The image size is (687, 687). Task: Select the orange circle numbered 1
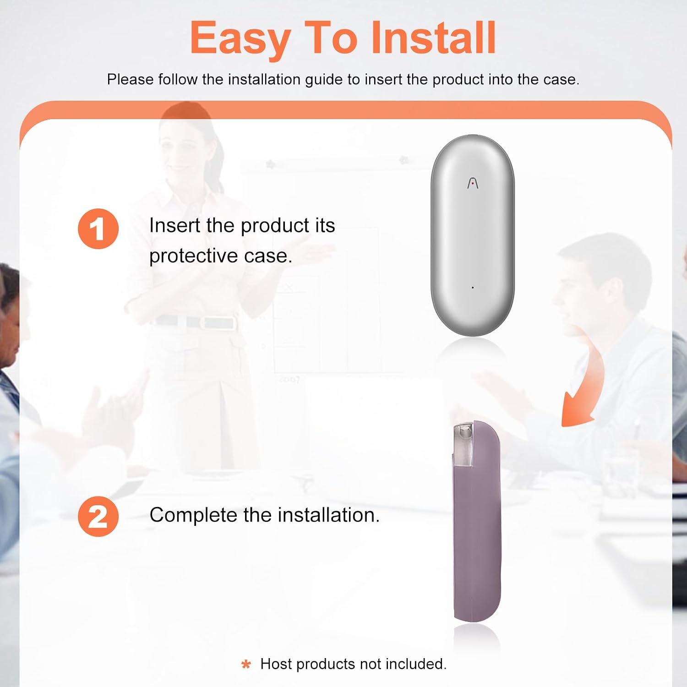pyautogui.click(x=98, y=229)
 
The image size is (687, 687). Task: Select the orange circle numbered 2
pyautogui.click(x=98, y=516)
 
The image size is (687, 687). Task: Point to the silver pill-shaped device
pyautogui.click(x=473, y=235)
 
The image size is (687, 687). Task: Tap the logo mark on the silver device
pyautogui.click(x=473, y=183)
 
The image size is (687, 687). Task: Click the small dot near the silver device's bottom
pyautogui.click(x=473, y=288)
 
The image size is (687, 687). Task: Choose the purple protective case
pyautogui.click(x=477, y=521)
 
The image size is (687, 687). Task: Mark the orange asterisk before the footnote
pyautogui.click(x=246, y=664)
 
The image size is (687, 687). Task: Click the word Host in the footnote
pyautogui.click(x=277, y=664)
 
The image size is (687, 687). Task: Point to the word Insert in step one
pyautogui.click(x=175, y=225)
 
